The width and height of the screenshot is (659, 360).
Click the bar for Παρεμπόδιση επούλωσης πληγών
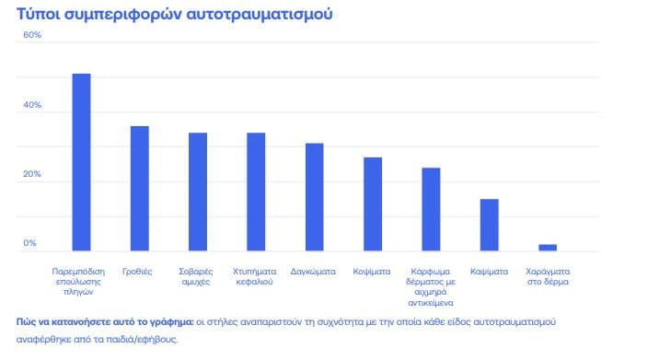(81, 162)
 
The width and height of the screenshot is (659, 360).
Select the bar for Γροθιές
(140, 189)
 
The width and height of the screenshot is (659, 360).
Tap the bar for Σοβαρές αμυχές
(198, 192)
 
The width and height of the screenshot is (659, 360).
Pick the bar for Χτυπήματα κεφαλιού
(256, 192)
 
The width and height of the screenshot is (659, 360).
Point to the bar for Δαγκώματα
(315, 197)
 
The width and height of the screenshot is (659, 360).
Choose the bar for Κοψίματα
(373, 204)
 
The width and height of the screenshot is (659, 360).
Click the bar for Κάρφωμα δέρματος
(432, 209)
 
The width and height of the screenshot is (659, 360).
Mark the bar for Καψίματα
(490, 225)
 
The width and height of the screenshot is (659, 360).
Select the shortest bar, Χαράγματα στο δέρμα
(548, 248)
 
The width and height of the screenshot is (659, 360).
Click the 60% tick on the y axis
(32, 35)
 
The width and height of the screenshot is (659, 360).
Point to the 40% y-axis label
(32, 105)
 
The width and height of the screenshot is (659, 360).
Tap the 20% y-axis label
(32, 174)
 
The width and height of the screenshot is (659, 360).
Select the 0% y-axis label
(29, 243)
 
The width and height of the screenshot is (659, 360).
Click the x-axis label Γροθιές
(137, 272)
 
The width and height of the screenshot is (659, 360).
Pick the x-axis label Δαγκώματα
(313, 272)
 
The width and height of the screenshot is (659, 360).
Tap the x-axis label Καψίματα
(490, 272)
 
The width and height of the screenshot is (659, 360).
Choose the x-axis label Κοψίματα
(372, 272)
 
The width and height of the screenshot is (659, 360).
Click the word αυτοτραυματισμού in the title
(260, 14)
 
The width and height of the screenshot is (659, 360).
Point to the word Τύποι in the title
(38, 14)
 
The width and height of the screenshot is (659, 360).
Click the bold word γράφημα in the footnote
(173, 322)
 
